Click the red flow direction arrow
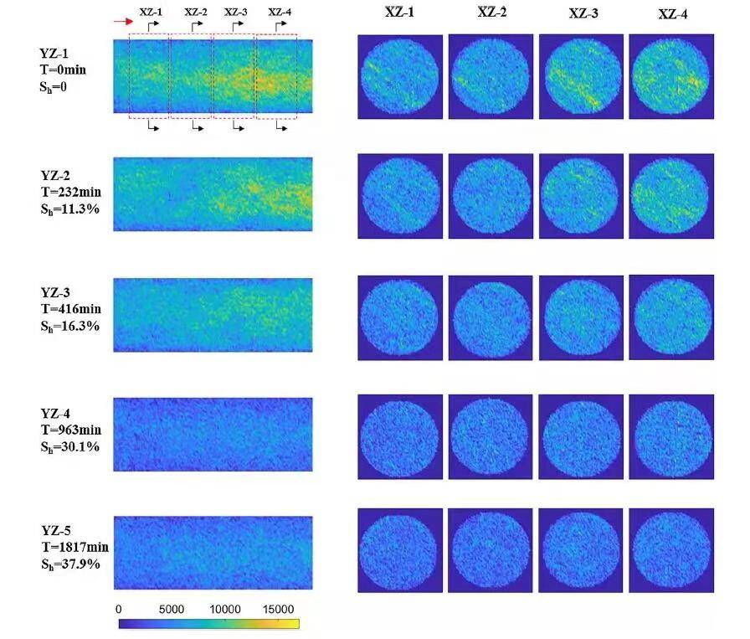click(123, 23)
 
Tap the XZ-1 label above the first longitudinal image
click(152, 12)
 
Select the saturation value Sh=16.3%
click(70, 325)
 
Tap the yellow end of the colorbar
click(294, 624)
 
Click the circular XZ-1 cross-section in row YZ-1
click(399, 77)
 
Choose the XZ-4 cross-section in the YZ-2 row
click(671, 196)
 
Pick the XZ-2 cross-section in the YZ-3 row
click(491, 317)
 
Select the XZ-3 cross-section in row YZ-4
click(581, 436)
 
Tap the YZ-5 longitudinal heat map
click(213, 554)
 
